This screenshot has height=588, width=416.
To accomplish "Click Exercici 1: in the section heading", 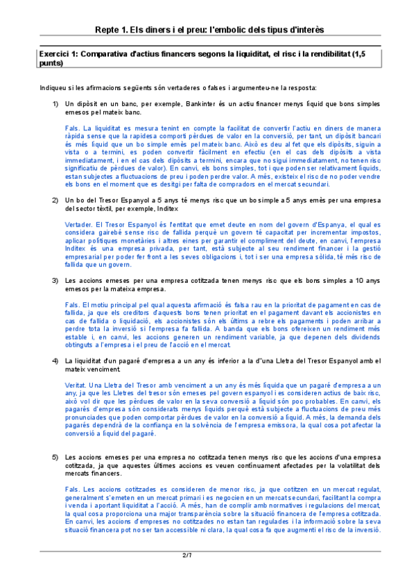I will coord(58,54).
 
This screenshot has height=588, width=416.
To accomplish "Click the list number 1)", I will coord(55,103).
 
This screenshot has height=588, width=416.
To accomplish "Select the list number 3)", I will coord(55,281).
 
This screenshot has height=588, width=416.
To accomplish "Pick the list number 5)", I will coord(55,458).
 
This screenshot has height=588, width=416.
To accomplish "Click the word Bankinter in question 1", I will coord(202,103).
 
